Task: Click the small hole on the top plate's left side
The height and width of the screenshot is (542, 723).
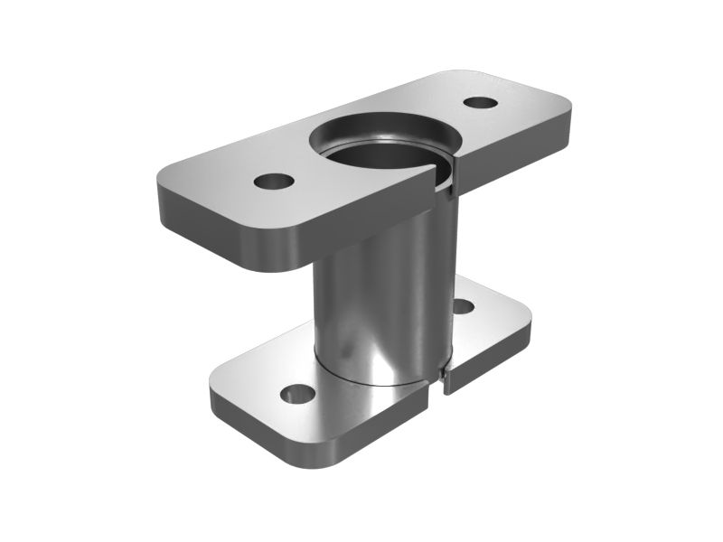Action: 274,181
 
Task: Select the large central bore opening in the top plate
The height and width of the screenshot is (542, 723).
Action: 384,145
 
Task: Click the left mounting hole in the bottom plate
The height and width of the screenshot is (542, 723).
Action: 295,393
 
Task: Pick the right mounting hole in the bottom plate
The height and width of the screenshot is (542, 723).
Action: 464,306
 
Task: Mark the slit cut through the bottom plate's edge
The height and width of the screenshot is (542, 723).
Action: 446,379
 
